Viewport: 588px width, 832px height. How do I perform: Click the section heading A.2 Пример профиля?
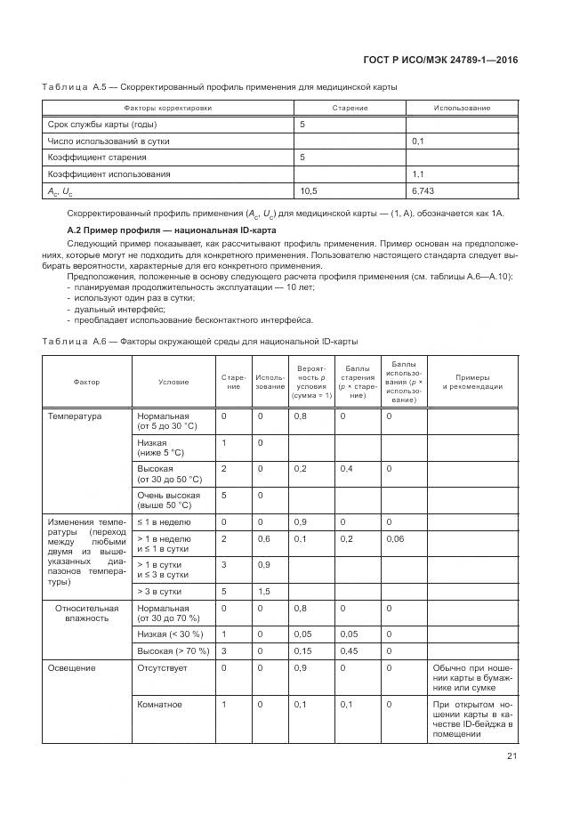(172, 231)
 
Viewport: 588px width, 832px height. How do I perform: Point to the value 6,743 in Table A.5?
(424, 190)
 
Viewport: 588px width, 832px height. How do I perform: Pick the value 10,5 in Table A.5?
(309, 190)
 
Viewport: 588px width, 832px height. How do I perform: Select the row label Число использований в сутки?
(109, 141)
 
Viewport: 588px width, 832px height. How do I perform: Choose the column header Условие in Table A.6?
(173, 383)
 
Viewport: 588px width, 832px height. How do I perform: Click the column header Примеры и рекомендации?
(472, 383)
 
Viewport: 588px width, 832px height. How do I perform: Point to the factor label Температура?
(75, 416)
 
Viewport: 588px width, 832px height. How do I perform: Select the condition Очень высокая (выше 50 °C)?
(169, 500)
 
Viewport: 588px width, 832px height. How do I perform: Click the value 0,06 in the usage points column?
(394, 539)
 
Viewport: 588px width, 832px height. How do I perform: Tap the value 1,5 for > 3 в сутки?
(264, 591)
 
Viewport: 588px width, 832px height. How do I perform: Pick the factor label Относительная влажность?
(88, 613)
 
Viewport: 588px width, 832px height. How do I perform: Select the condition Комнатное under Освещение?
(160, 705)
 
